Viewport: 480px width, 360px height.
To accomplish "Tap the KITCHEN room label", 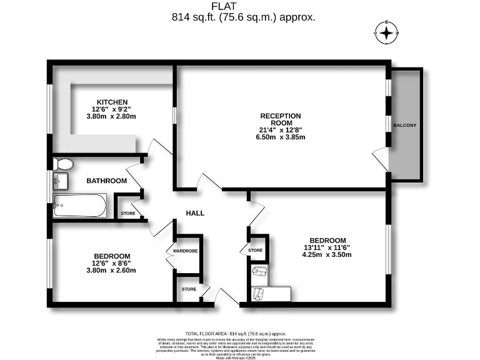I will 112,102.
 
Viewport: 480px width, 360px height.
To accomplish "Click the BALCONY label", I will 404,126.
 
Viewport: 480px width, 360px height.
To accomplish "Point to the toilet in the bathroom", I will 63,164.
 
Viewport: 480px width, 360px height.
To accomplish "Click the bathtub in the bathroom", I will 80,204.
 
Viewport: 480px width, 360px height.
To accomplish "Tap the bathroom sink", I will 61,182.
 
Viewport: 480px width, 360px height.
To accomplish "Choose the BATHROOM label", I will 106,181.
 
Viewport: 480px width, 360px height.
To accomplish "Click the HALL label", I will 195,213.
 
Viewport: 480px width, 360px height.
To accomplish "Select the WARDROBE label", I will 186,251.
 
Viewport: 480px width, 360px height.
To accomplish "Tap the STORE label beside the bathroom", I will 128,214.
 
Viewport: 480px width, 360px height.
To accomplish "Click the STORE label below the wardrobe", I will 189,289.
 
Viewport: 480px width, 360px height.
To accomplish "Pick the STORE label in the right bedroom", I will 255,251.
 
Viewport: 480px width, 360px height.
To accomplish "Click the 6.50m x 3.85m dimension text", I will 281,138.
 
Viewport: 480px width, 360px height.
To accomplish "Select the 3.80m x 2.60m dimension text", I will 112,271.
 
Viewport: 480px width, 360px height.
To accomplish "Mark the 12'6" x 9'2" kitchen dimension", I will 112,109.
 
